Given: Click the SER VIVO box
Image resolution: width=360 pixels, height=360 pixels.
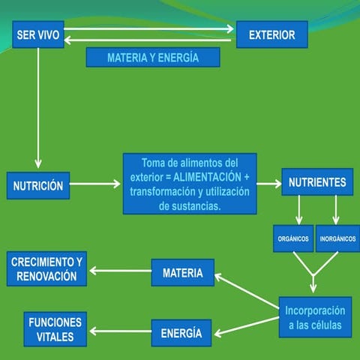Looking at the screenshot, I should pos(38,34).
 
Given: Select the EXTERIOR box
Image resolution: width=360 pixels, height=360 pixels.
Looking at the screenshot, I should pos(271,34).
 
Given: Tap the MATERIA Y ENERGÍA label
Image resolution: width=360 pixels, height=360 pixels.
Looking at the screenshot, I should pos(152,58).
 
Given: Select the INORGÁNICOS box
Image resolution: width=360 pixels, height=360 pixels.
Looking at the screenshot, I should pos(337,239).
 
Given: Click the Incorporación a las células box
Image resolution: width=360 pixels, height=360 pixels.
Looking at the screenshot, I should pos(314,317).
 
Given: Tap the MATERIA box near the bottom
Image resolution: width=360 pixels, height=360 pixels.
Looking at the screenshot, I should pos(182,273).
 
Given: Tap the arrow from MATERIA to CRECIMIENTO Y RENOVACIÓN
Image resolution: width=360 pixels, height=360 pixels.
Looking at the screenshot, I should pos(120,271).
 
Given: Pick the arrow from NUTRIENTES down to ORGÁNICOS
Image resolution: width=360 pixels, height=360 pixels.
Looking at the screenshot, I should pos(299,210).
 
